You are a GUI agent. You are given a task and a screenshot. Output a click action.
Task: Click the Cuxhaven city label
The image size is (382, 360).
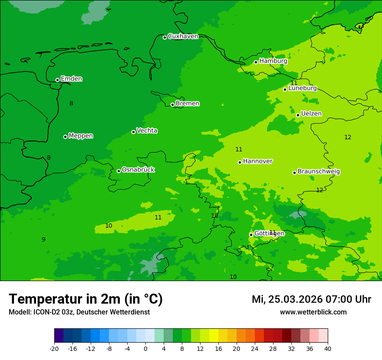[183, 36]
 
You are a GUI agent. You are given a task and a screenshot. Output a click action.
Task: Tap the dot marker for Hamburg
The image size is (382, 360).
[256, 62]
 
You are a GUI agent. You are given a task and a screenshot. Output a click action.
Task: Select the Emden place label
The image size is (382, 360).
[71, 79]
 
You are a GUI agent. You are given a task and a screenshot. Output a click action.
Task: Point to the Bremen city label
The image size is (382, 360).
[188, 104]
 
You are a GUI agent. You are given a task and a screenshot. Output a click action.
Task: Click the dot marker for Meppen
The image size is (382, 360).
[65, 137]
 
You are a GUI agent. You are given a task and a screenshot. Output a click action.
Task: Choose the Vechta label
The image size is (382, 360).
[147, 131]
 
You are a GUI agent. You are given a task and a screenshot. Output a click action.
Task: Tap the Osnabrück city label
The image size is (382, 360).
[138, 170]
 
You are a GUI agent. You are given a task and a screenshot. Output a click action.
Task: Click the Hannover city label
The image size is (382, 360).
[257, 161]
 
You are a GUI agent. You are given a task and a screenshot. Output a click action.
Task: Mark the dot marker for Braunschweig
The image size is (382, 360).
[294, 173]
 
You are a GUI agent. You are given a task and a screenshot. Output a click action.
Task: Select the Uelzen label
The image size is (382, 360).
[311, 114]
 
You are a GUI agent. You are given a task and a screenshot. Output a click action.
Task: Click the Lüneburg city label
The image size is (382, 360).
[303, 88]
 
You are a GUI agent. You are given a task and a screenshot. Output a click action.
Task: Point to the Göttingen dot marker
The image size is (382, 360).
[251, 235]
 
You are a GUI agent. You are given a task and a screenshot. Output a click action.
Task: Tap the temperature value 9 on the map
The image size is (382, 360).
[43, 240]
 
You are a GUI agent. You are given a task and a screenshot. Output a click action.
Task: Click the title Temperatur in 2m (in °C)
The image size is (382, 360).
[86, 299]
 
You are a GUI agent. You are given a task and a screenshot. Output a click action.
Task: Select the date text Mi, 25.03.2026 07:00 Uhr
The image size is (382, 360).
[311, 299]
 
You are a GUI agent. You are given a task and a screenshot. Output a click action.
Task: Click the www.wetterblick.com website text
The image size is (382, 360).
[313, 312]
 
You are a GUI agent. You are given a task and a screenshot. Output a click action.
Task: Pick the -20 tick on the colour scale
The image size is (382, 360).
[54, 348]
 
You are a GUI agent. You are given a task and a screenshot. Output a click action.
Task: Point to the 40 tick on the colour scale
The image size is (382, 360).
[328, 348]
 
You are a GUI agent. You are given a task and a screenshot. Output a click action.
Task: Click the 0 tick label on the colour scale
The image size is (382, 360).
[145, 348]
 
